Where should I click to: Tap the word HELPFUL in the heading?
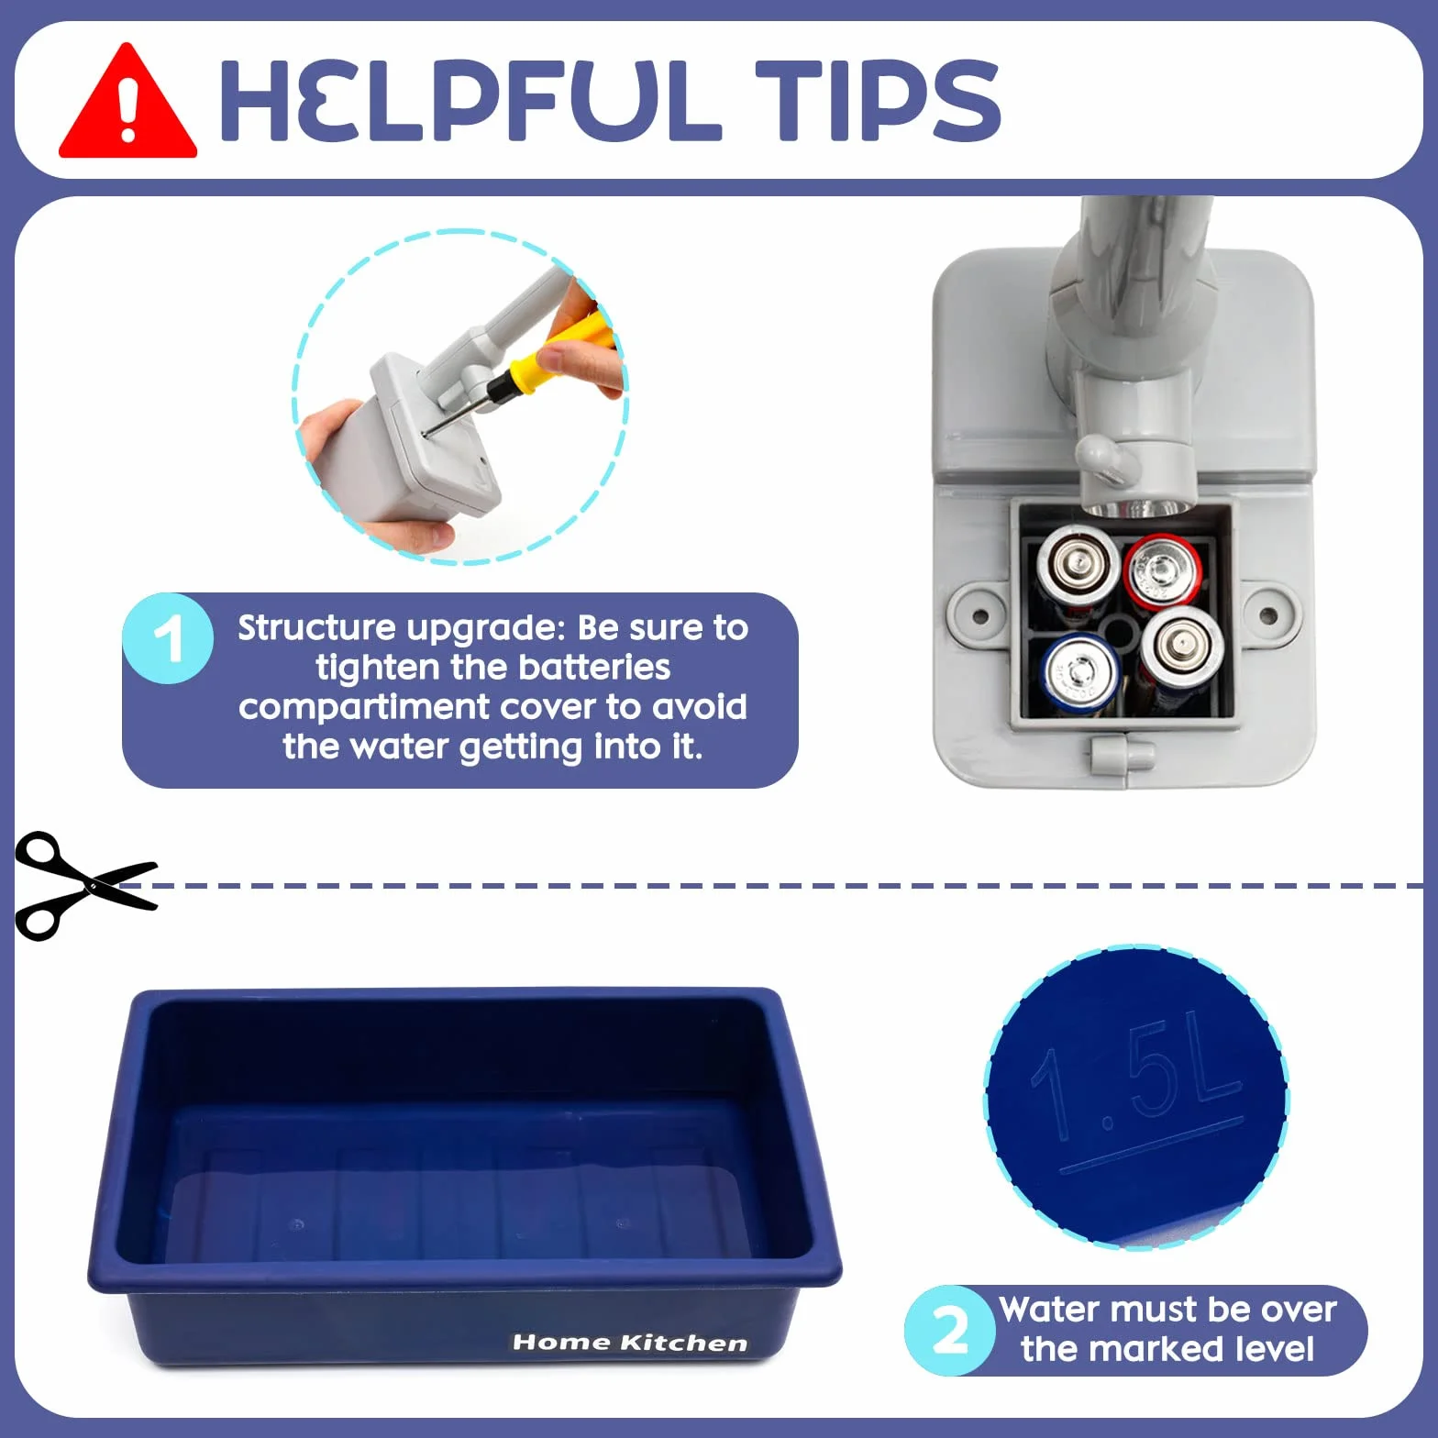[470, 100]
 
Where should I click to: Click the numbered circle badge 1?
[168, 638]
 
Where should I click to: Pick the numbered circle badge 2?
[950, 1330]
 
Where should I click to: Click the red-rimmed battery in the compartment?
[1162, 572]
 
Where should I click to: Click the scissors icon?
[86, 886]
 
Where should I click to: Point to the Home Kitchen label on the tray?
[630, 1343]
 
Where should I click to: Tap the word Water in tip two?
[1045, 1309]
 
